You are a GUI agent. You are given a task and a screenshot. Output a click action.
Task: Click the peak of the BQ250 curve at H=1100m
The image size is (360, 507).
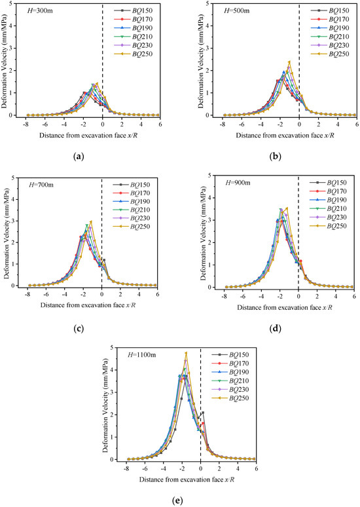tap(187, 354)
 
